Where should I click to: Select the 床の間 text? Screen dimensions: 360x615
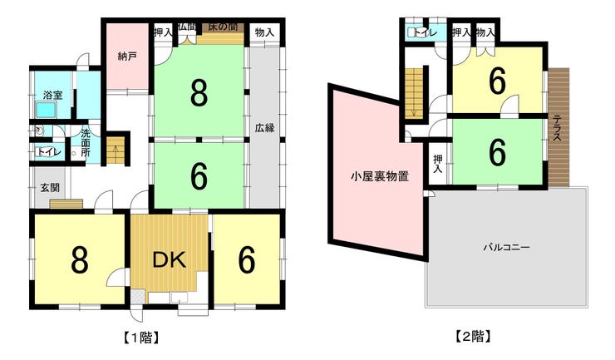tap(223, 27)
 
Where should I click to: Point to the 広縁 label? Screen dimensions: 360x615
tap(265, 129)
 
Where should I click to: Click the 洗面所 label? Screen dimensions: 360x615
tap(86, 138)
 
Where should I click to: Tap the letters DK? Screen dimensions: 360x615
tap(170, 259)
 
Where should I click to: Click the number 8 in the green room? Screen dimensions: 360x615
tap(199, 93)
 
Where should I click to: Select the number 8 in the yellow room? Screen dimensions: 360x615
tap(80, 260)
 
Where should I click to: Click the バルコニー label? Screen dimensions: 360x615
tap(507, 247)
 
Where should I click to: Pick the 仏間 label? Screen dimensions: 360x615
tap(186, 27)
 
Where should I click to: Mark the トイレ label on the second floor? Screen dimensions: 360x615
tap(423, 32)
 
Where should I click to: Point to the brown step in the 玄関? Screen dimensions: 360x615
tap(66, 204)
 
